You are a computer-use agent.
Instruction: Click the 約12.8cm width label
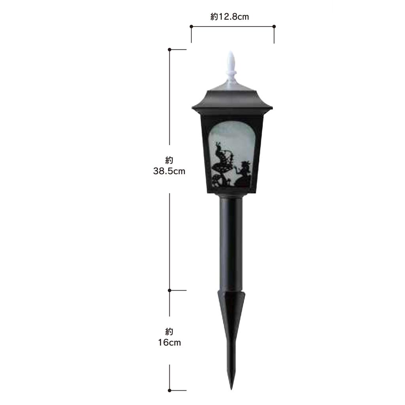pos(229,17)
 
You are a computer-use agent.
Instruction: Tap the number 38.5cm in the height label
pos(169,172)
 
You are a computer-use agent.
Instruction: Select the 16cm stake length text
pos(169,343)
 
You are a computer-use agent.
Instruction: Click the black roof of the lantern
pos(232,99)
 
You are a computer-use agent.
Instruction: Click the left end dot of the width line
pos(191,26)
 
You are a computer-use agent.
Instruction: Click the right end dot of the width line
pos(274,26)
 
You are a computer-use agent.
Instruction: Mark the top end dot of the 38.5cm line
pos(170,49)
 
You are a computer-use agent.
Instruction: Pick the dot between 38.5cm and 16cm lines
pos(170,290)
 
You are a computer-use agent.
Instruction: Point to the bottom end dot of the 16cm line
pos(170,390)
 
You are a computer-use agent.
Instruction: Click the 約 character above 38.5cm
pos(169,161)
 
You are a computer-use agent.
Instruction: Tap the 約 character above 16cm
pos(169,331)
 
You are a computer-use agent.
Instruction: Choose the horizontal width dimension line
pos(233,26)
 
